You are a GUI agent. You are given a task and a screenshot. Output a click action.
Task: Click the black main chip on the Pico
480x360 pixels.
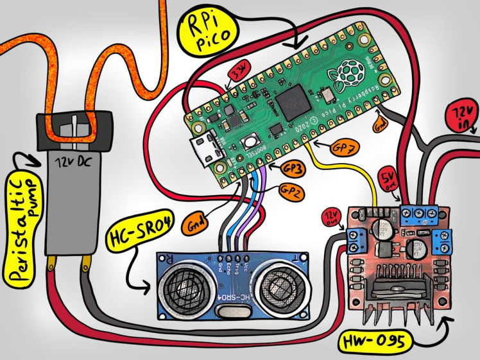coord(296,99)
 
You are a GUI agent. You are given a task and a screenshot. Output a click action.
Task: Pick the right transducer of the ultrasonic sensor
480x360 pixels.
coord(277,283)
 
